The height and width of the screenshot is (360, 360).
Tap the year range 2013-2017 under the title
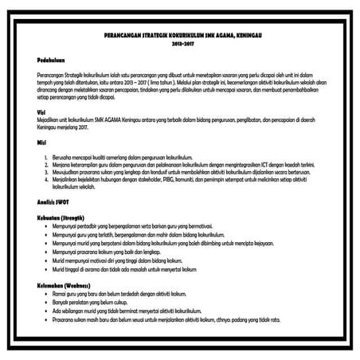(x=181, y=45)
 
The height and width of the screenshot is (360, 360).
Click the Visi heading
(x=41, y=112)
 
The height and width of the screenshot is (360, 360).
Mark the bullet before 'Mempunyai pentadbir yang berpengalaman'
(x=45, y=225)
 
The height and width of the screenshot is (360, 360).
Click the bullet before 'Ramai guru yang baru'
(x=45, y=295)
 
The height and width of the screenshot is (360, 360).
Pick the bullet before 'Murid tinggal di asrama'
(x=45, y=269)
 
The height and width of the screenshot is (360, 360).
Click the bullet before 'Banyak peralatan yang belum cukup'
(x=45, y=303)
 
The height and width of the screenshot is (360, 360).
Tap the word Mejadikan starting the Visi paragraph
(x=49, y=119)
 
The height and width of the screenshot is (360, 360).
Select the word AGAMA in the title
(x=213, y=37)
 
